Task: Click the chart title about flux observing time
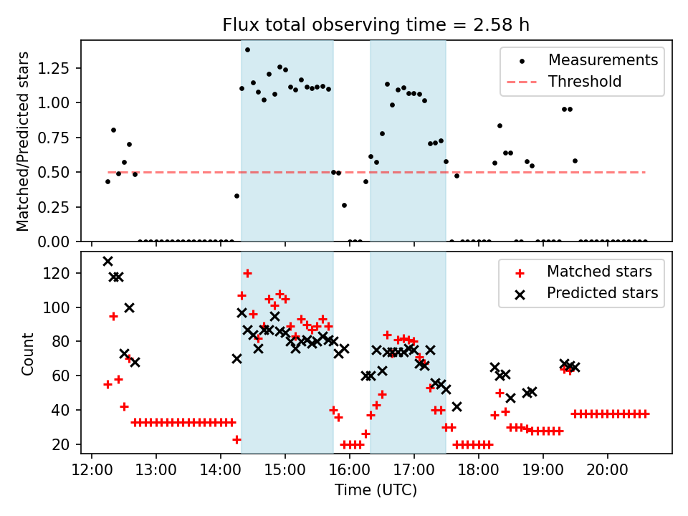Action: (x=376, y=26)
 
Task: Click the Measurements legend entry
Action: (x=603, y=60)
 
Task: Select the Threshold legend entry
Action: (x=585, y=82)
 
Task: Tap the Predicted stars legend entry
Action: (x=602, y=293)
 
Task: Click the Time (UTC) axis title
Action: (x=376, y=491)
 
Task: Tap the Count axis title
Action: (x=28, y=353)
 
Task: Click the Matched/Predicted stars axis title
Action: (x=23, y=141)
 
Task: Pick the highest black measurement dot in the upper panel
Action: (x=247, y=49)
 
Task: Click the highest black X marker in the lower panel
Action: (x=107, y=262)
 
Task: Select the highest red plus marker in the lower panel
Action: (x=247, y=273)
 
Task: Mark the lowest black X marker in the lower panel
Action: (x=457, y=406)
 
